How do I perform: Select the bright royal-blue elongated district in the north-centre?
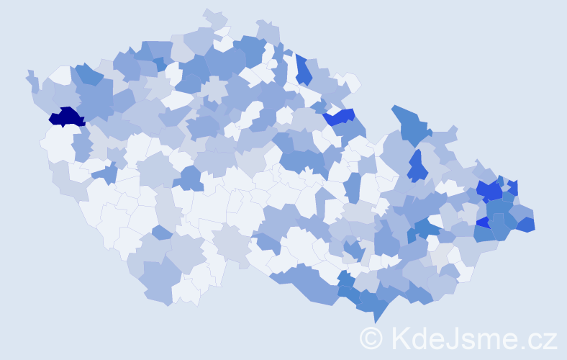click(x=339, y=116)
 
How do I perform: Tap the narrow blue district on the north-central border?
click(x=303, y=71)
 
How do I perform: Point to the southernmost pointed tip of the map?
click(x=376, y=322)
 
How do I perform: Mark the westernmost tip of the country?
click(x=27, y=73)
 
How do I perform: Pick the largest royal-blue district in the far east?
click(x=489, y=191)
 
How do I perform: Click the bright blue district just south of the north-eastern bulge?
click(x=417, y=167)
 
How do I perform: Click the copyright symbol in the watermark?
click(x=371, y=338)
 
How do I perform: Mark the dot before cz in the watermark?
click(x=523, y=346)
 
